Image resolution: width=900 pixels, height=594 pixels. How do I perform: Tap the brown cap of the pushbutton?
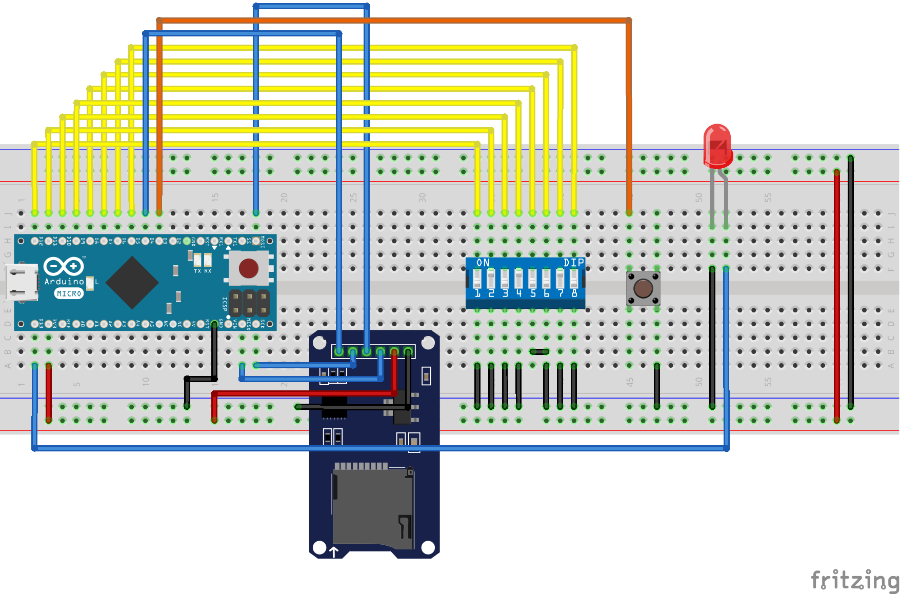click(x=643, y=288)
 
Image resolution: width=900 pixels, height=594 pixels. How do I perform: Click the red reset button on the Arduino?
click(x=249, y=268)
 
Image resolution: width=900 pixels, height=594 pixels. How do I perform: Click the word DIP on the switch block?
click(x=573, y=263)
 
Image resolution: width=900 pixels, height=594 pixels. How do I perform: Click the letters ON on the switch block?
click(x=483, y=263)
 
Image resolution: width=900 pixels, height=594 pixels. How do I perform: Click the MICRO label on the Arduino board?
click(x=69, y=293)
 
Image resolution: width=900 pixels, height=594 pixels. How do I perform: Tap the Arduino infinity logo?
click(x=64, y=266)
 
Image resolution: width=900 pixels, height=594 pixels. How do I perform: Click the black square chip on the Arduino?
click(x=132, y=283)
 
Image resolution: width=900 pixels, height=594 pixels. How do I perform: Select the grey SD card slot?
click(x=373, y=508)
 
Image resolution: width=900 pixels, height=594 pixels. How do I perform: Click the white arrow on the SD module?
click(x=334, y=552)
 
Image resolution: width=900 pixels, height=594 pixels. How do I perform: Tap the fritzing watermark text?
click(x=854, y=580)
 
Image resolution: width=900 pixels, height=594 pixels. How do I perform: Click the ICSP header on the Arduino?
click(x=249, y=303)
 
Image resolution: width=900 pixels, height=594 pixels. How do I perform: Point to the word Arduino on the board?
click(x=64, y=281)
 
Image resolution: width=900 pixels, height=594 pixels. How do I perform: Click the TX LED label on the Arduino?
click(x=197, y=271)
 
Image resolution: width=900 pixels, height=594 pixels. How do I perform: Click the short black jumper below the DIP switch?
click(x=539, y=351)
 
